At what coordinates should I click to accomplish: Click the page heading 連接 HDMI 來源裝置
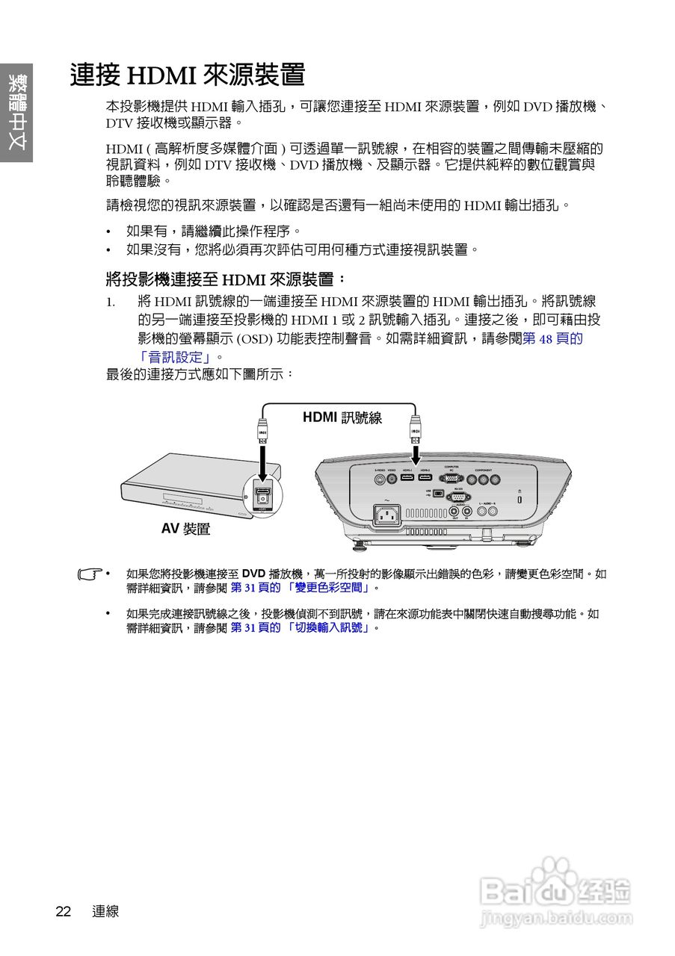(x=188, y=75)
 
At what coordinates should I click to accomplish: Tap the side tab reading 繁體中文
(x=16, y=113)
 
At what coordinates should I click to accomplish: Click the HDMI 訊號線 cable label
(x=342, y=418)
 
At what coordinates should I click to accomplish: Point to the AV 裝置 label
(x=185, y=529)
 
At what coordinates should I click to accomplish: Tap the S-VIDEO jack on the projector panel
(x=380, y=480)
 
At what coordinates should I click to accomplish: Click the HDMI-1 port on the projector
(x=407, y=478)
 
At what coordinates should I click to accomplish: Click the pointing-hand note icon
(x=90, y=575)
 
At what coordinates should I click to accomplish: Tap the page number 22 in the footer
(x=63, y=911)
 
